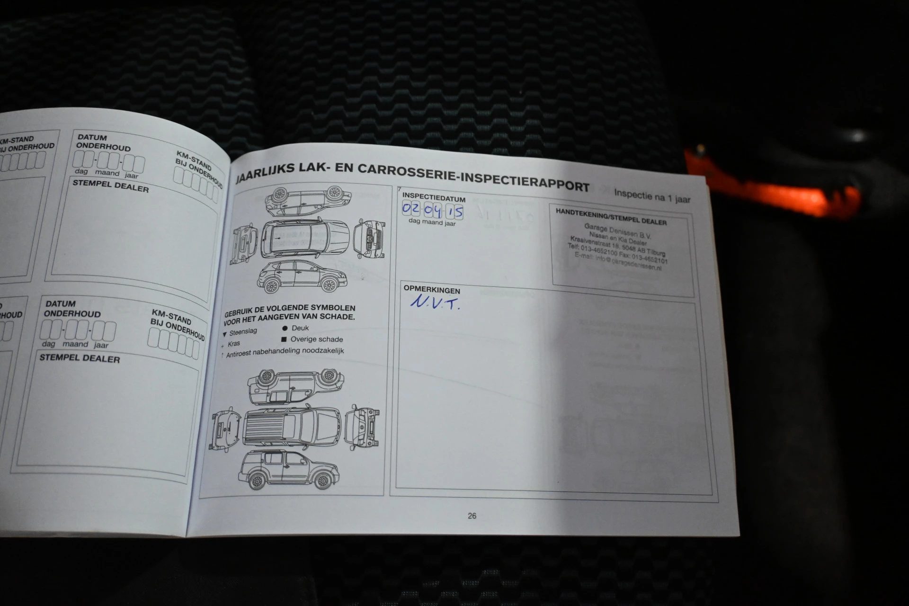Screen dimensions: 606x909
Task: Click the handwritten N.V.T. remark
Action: pyautogui.click(x=435, y=303)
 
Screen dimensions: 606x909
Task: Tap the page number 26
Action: pyautogui.click(x=472, y=516)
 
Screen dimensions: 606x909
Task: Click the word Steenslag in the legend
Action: pyautogui.click(x=243, y=332)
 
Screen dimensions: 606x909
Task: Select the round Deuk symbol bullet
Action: pyautogui.click(x=285, y=328)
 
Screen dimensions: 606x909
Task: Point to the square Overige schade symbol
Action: pyautogui.click(x=284, y=339)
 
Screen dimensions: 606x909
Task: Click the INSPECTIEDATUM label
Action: pyautogui.click(x=434, y=197)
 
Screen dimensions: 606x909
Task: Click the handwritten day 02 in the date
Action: pyautogui.click(x=410, y=208)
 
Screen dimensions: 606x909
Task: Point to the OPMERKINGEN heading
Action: pyautogui.click(x=431, y=289)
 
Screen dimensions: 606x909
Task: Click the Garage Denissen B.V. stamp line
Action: pyautogui.click(x=611, y=232)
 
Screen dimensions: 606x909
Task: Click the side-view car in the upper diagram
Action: pyautogui.click(x=302, y=277)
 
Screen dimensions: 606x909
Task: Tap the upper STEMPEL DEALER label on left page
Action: pyautogui.click(x=110, y=186)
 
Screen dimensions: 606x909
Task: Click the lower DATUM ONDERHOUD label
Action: pyautogui.click(x=72, y=309)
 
